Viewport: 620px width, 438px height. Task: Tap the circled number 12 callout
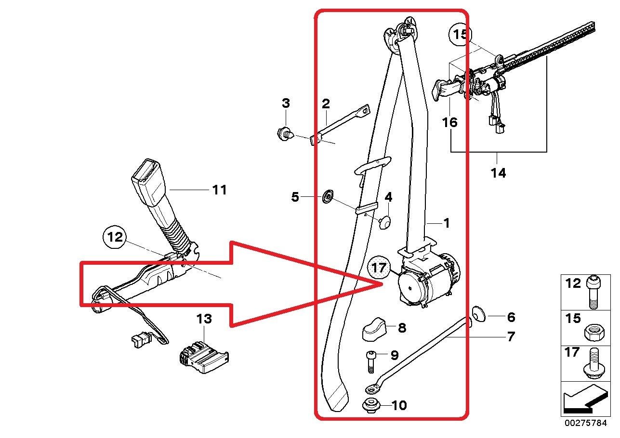coord(114,237)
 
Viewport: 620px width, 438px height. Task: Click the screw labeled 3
coord(285,134)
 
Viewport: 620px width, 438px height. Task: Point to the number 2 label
coord(326,103)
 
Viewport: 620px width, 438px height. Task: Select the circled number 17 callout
coord(379,268)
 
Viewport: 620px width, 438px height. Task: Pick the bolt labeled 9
coord(370,361)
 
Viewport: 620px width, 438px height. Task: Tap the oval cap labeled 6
coord(478,314)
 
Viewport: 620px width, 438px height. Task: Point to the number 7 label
coord(511,336)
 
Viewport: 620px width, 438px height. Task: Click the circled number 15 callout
coord(460,35)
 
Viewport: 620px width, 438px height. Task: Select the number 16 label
coord(450,122)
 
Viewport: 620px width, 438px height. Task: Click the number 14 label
coord(498,173)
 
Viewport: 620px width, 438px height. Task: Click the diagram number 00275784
coord(586,423)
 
